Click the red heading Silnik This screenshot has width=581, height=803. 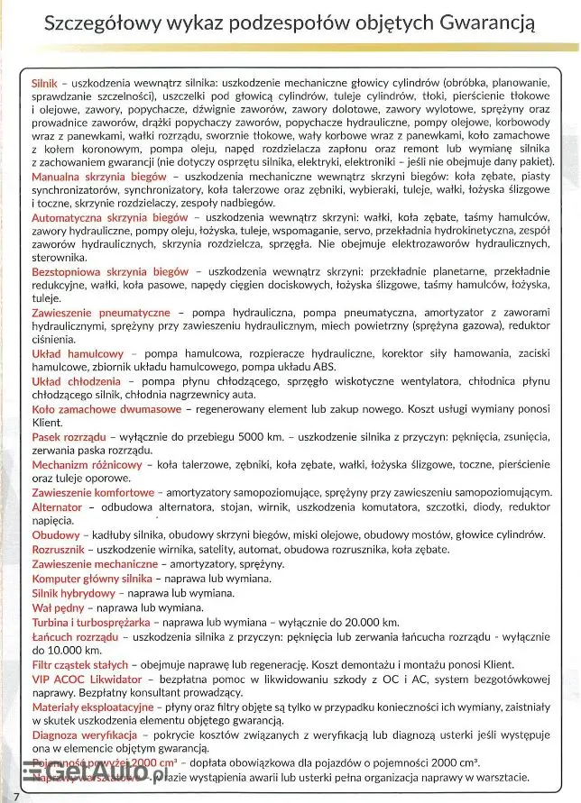point(45,83)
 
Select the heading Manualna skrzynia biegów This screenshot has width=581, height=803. point(99,177)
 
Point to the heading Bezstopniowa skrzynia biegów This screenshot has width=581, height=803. point(110,270)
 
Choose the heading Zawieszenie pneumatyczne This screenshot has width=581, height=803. point(101,312)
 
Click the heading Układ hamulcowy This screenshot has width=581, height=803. point(78,353)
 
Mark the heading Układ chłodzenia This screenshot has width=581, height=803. point(77,380)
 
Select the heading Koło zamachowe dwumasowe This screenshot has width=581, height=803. point(106,409)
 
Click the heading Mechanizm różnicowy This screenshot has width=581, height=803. point(87,464)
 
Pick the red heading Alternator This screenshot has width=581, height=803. point(57,507)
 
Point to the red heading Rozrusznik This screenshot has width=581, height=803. point(59,548)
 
